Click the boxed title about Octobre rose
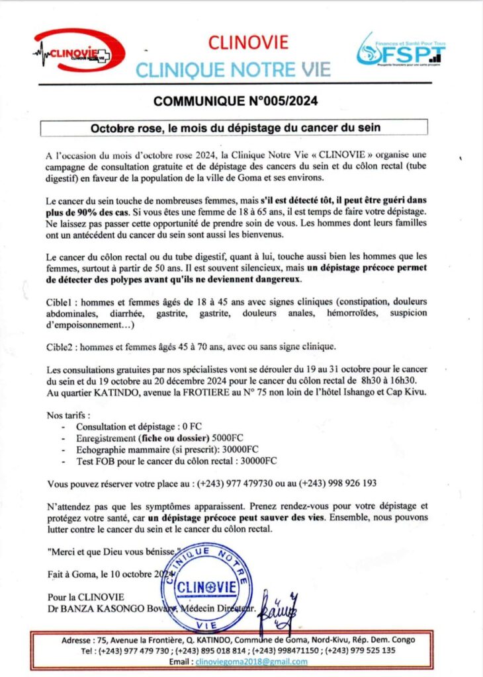tap(234, 126)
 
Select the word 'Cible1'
tap(60, 301)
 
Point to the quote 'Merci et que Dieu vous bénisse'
tap(113, 551)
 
